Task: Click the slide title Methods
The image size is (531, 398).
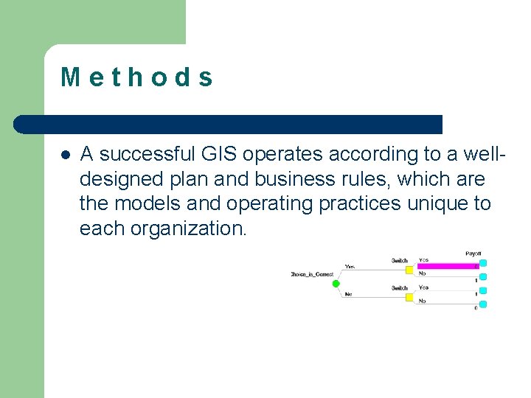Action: pos(137,77)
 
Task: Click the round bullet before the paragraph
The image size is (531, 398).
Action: pos(65,155)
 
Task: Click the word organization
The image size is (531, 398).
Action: pos(188,228)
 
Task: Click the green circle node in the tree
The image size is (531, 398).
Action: pos(336,284)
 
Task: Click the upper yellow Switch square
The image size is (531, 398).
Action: pos(409,269)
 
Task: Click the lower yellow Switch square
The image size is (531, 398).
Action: pos(409,297)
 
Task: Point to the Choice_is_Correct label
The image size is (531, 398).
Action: pos(312,275)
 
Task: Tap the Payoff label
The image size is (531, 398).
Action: pos(473,254)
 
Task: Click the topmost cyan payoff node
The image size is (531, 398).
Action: pos(483,262)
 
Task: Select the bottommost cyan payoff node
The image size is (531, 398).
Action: pos(483,304)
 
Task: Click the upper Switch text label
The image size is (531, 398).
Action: pos(399,260)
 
